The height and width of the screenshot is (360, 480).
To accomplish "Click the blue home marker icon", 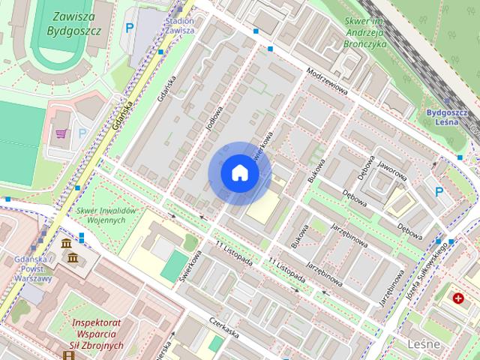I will coord(239,172).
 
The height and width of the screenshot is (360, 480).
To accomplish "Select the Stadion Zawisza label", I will coord(179,25).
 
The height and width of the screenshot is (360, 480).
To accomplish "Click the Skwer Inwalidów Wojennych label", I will coord(106,215).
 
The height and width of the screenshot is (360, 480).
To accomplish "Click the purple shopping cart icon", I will coord(59,134).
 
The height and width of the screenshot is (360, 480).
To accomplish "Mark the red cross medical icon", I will coord(458,298).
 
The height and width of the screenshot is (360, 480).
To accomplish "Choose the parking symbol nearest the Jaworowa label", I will coord(439,192).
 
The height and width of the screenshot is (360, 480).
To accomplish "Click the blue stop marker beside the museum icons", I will coord(81,238).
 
